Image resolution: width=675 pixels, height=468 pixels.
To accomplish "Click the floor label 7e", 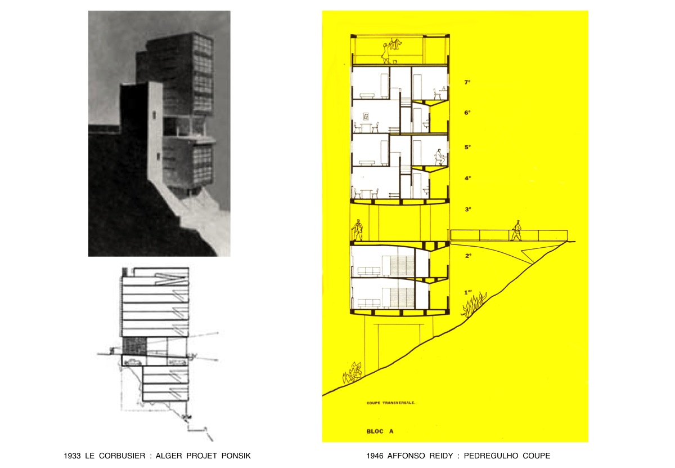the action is (x=467, y=82).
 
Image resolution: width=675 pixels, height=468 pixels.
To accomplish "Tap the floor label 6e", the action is (x=467, y=113).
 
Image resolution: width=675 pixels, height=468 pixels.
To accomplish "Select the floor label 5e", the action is (x=467, y=147).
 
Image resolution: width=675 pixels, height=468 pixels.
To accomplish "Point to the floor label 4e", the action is (x=467, y=179).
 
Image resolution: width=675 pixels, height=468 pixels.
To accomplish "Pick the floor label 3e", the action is (x=467, y=210).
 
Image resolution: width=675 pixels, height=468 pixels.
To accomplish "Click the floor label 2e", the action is (x=468, y=256).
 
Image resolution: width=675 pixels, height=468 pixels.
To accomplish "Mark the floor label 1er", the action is (x=468, y=292).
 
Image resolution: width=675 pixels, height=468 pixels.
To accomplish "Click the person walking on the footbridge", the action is (x=516, y=231).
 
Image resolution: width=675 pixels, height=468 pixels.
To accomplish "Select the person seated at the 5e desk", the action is (x=440, y=157).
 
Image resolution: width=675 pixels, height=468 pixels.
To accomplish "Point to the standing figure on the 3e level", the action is (x=358, y=230).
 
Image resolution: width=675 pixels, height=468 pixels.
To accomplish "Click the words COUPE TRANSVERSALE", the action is (x=390, y=403).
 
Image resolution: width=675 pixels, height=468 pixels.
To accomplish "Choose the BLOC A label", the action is (x=380, y=431).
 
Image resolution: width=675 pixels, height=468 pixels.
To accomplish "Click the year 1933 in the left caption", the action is (x=72, y=456).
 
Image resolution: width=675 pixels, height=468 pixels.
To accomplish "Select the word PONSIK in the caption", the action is (x=236, y=456).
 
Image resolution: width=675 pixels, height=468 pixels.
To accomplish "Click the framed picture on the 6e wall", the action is (x=366, y=116).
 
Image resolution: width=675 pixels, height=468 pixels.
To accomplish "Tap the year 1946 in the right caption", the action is (x=375, y=456).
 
